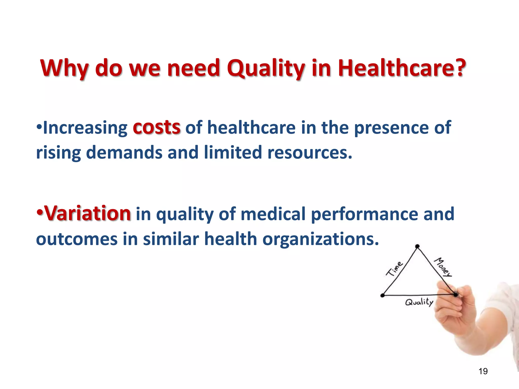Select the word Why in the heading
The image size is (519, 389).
(64, 68)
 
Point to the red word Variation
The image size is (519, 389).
(87, 213)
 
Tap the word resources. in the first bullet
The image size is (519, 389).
(310, 153)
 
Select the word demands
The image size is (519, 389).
(124, 153)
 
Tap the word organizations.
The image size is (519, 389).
(321, 239)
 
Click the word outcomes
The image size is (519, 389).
(77, 239)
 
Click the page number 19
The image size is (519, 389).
(483, 371)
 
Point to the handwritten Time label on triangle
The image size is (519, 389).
(394, 269)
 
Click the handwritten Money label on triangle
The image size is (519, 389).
(443, 267)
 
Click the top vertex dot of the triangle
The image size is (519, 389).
(417, 246)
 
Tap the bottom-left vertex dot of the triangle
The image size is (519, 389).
(383, 295)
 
